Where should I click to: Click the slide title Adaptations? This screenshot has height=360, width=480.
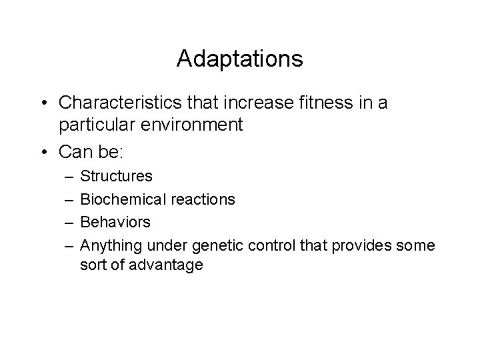[240, 59]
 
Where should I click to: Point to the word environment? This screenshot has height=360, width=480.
[195, 125]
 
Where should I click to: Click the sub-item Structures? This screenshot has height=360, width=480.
[116, 177]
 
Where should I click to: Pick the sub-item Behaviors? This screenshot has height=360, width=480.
[115, 221]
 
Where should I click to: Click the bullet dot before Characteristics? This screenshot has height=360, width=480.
[44, 103]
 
